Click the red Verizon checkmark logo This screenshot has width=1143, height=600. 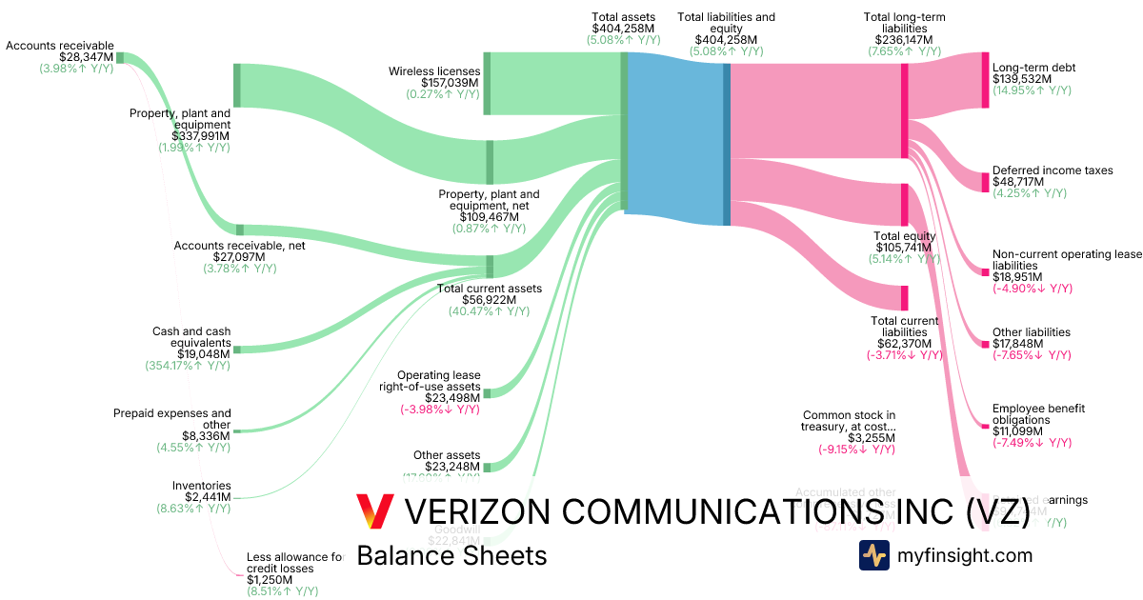(x=373, y=511)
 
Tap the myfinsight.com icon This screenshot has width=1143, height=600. (x=873, y=554)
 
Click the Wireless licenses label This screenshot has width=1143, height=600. (x=433, y=71)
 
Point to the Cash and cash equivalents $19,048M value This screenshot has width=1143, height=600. (x=204, y=353)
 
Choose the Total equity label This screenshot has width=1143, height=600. (x=905, y=236)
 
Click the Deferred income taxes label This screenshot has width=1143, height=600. (x=1052, y=170)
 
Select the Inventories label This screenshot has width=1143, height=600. (x=201, y=486)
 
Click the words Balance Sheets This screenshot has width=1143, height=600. (x=451, y=555)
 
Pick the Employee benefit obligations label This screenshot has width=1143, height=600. (x=1038, y=414)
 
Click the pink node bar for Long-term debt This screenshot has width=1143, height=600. (x=985, y=80)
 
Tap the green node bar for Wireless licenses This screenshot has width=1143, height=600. (x=487, y=84)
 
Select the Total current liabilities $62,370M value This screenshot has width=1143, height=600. (x=905, y=343)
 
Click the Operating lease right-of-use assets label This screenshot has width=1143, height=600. (x=438, y=381)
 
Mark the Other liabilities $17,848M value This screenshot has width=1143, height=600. (x=1018, y=344)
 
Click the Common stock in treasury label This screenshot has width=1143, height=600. (x=849, y=421)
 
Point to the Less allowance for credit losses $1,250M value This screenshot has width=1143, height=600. (x=271, y=579)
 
